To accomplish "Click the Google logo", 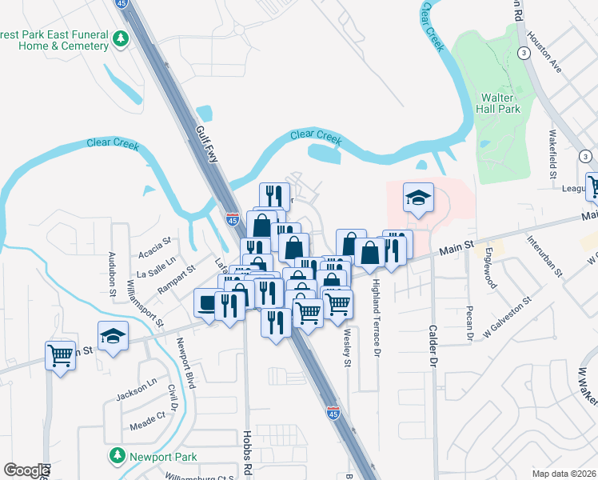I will (x=26, y=470).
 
